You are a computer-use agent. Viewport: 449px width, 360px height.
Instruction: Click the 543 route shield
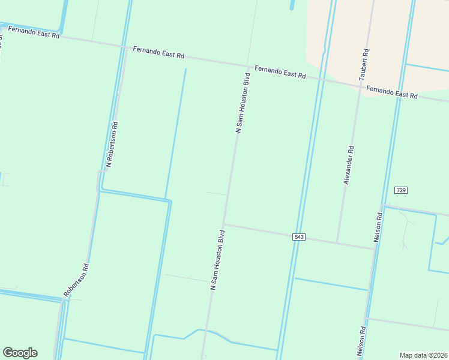point(300,237)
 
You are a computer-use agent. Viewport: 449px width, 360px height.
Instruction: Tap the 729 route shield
point(401,190)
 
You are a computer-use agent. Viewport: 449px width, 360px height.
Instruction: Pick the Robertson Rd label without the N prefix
point(78,280)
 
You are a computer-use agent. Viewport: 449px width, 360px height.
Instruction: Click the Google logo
point(20,353)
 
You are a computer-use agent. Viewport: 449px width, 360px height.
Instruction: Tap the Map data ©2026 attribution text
point(423,355)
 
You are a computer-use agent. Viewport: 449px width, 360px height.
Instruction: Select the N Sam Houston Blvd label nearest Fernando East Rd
point(242,103)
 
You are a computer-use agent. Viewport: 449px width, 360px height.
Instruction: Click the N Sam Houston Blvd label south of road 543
point(217,260)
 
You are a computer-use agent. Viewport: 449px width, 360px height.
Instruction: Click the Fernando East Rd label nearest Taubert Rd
point(392,92)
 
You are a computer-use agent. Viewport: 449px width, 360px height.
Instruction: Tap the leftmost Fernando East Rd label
point(34,32)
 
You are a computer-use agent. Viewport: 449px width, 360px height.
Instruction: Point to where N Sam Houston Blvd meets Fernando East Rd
point(249,65)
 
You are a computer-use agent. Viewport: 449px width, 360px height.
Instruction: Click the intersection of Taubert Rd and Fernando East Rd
point(361,88)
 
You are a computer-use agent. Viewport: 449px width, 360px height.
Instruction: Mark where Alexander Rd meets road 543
point(337,243)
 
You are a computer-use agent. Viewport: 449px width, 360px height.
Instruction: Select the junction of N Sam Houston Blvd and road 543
point(224,225)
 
